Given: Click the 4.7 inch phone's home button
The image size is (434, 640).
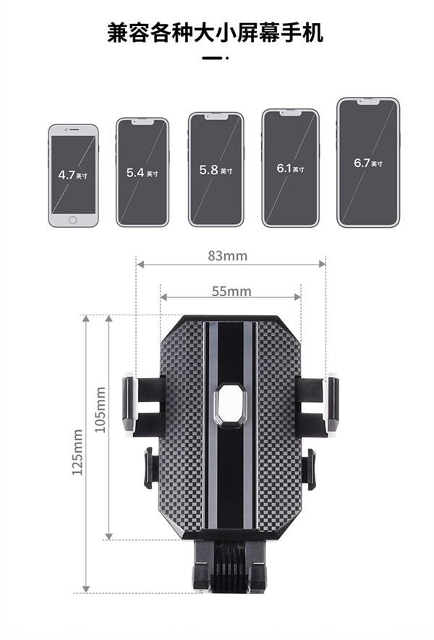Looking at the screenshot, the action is click(x=72, y=221).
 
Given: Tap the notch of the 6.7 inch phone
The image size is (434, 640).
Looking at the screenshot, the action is click(x=368, y=102).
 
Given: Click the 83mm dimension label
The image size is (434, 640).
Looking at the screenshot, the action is click(x=227, y=256).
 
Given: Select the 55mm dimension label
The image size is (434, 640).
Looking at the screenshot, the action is click(x=231, y=291).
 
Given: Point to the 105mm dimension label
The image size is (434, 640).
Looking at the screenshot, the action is click(x=100, y=410).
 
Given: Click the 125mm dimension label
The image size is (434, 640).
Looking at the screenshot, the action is click(x=77, y=452).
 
